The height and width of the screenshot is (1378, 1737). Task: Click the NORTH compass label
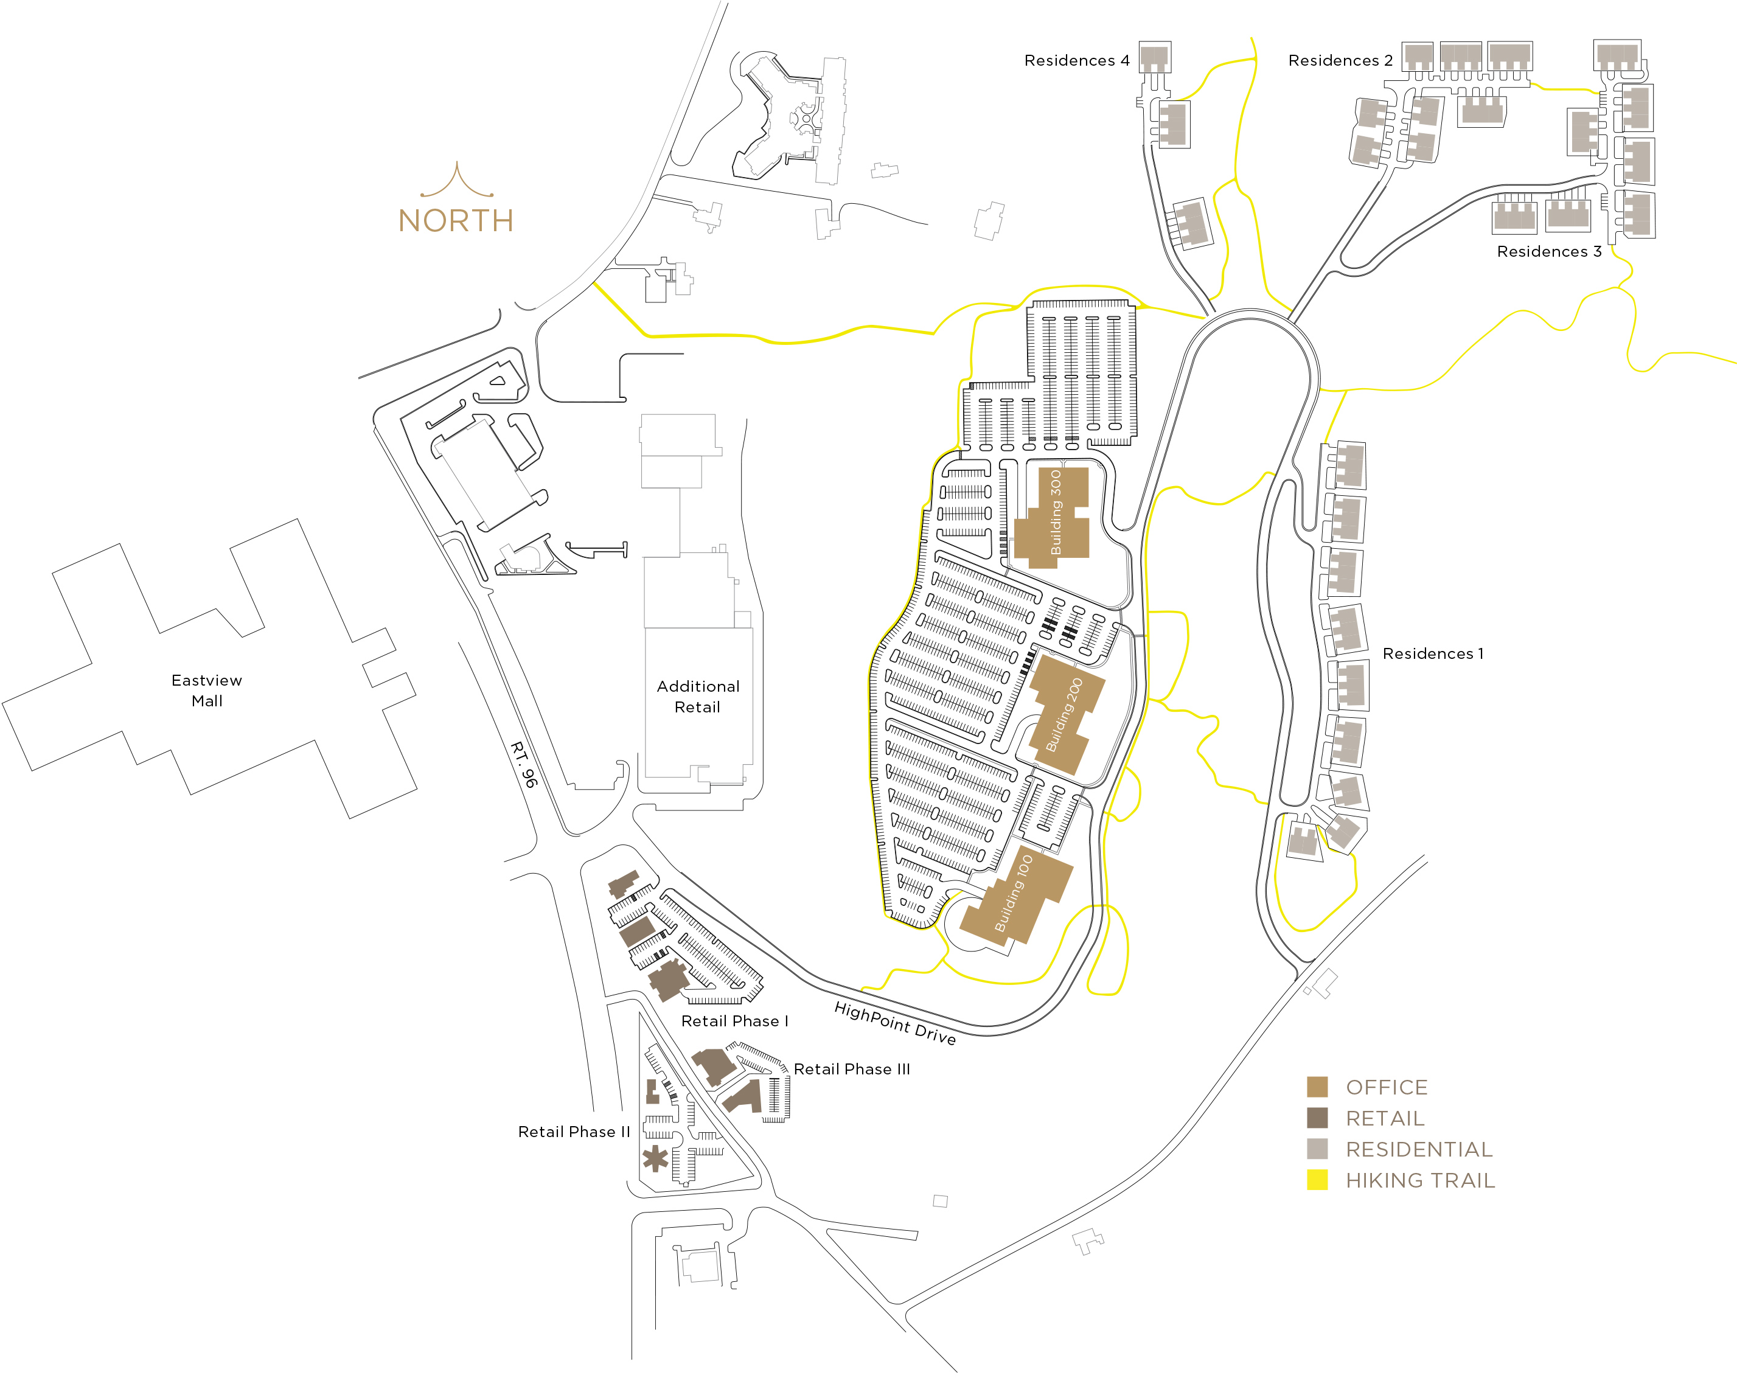[456, 221]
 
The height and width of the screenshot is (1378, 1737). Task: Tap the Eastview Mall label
[206, 691]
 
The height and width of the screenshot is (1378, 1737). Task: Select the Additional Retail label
[698, 696]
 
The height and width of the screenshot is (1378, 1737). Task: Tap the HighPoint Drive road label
[895, 1023]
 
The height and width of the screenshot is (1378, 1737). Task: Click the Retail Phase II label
[574, 1132]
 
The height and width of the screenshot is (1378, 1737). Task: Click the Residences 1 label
[1432, 653]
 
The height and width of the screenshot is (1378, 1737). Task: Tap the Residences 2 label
[1340, 60]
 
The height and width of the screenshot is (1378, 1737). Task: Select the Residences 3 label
[1548, 251]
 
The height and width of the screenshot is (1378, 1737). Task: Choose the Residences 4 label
[1076, 60]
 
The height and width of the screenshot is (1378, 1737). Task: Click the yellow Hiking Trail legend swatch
[1317, 1180]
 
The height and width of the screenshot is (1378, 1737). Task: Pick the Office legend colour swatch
[1317, 1087]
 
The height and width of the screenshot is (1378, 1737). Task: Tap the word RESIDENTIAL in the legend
[1419, 1149]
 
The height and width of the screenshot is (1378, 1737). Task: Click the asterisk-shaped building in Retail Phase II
[655, 1159]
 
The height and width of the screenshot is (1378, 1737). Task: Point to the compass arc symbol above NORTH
[457, 182]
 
